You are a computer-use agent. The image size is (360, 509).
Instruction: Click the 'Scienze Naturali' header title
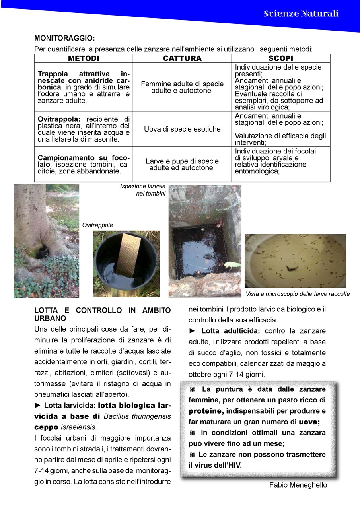pyautogui.click(x=300, y=14)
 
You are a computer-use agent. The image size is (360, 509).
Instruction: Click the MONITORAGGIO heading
pyautogui.click(x=64, y=39)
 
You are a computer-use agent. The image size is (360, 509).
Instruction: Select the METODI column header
pyautogui.click(x=84, y=58)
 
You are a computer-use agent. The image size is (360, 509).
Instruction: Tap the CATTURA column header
pyautogui.click(x=182, y=58)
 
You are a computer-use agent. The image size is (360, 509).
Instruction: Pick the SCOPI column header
pyautogui.click(x=280, y=58)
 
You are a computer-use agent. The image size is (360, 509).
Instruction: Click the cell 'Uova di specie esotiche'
pyautogui.click(x=182, y=129)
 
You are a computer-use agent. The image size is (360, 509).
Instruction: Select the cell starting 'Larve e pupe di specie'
pyautogui.click(x=182, y=164)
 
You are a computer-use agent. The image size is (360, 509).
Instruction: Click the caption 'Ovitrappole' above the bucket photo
pyautogui.click(x=97, y=225)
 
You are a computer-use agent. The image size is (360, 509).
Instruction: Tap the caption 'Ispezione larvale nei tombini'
pyautogui.click(x=143, y=190)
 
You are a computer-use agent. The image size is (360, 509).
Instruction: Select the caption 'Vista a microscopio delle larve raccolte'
pyautogui.click(x=298, y=294)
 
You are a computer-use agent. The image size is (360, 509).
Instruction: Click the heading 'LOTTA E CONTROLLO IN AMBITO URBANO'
pyautogui.click(x=102, y=314)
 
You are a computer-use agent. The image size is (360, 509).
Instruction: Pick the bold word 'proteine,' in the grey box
pyautogui.click(x=206, y=411)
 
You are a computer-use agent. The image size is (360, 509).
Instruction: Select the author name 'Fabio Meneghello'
pyautogui.click(x=298, y=485)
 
